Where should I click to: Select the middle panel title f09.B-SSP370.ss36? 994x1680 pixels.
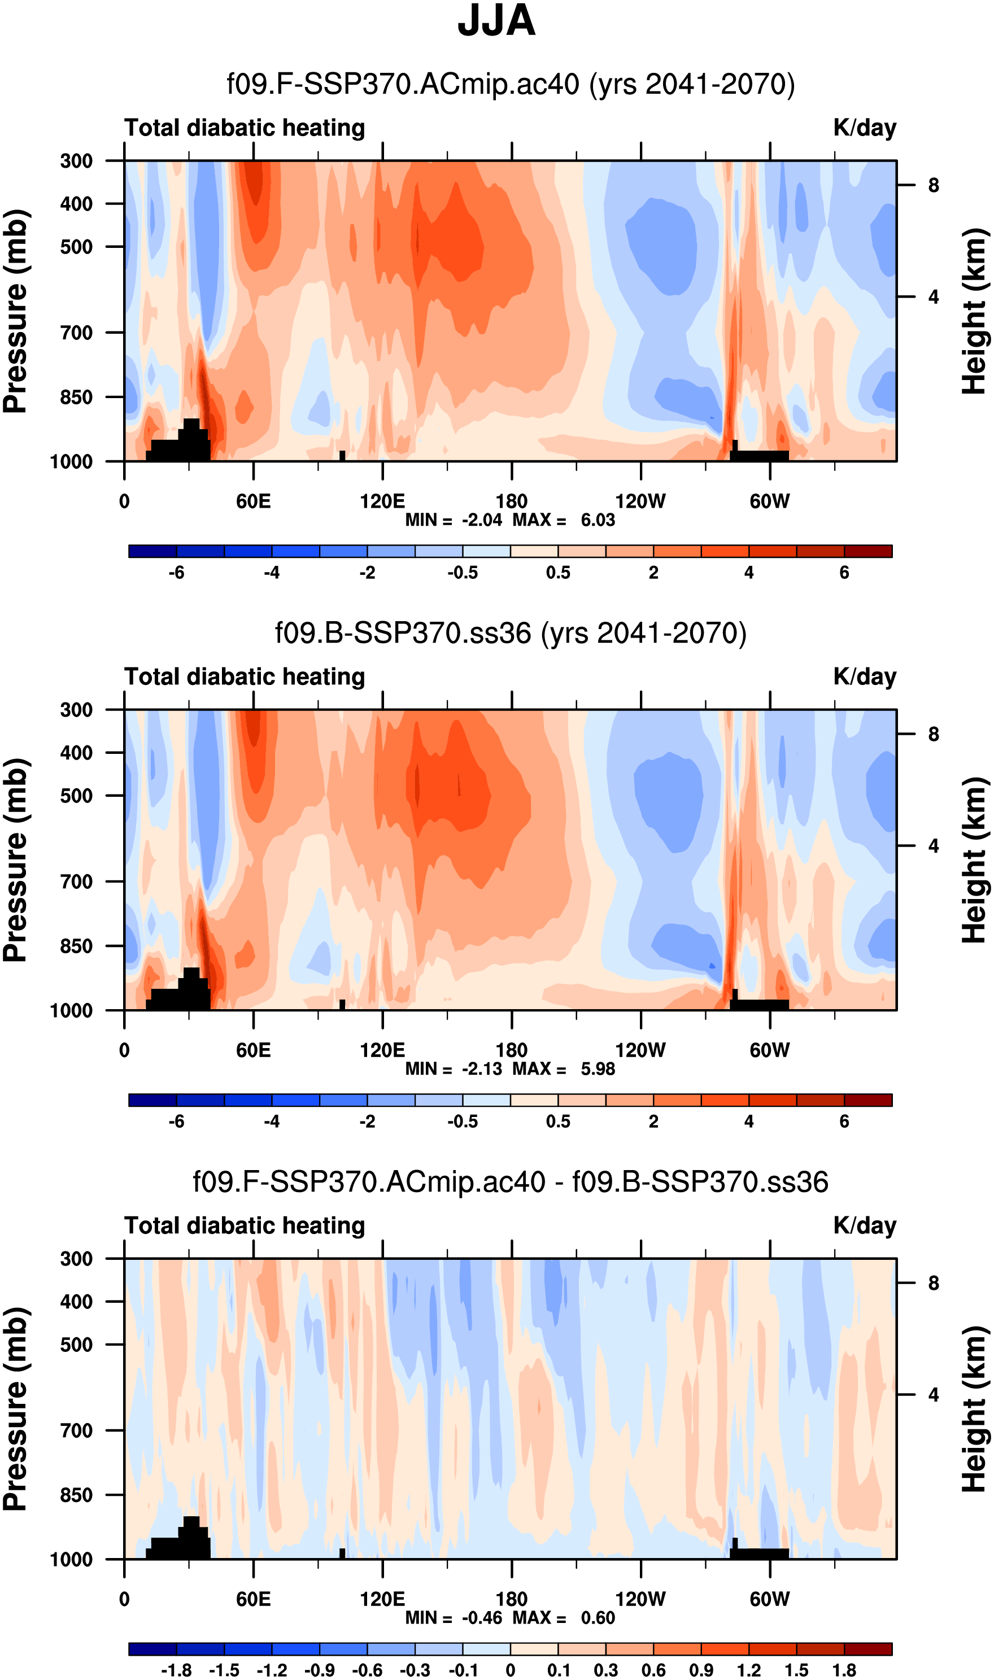click(x=511, y=634)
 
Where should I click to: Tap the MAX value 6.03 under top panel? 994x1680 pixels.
click(x=598, y=520)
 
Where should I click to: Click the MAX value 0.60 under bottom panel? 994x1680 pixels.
click(x=598, y=1618)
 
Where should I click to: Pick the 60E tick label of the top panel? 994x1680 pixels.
click(x=253, y=501)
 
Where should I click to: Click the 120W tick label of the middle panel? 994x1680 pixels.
click(x=640, y=1050)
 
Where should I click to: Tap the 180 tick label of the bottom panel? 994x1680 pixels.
click(x=512, y=1599)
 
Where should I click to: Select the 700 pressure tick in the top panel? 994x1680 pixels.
click(x=76, y=333)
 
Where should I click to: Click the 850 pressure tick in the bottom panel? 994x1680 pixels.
click(x=76, y=1495)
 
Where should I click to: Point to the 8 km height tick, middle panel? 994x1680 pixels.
click(x=933, y=735)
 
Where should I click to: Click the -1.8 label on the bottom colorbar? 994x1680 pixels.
click(x=176, y=1670)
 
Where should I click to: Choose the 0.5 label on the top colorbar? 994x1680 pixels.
click(x=558, y=573)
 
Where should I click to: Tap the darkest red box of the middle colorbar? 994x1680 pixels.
click(x=868, y=1100)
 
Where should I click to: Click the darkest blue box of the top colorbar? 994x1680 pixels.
click(x=152, y=552)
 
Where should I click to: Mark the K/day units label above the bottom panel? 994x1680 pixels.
click(x=864, y=1225)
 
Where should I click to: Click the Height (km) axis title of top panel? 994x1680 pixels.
click(x=975, y=311)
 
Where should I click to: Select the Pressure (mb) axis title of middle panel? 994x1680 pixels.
click(x=16, y=861)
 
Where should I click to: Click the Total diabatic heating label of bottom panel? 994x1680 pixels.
click(x=245, y=1225)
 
